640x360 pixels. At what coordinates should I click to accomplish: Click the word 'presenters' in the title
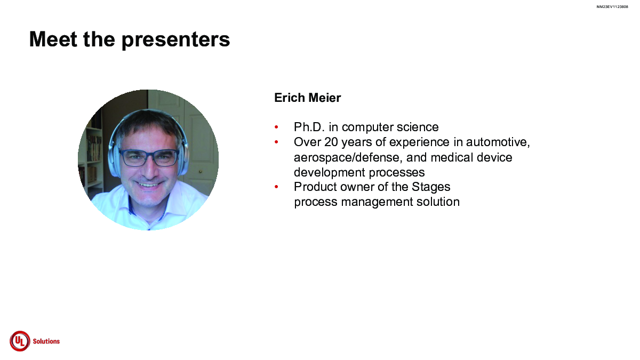pos(175,40)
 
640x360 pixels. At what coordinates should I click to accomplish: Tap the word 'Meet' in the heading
pos(53,39)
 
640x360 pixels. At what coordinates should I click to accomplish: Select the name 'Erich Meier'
pos(307,98)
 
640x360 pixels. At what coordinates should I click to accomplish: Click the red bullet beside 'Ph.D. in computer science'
pos(276,127)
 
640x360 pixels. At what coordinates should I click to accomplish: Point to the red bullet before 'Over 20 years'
pos(276,142)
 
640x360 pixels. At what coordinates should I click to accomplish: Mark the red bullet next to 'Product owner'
pos(276,187)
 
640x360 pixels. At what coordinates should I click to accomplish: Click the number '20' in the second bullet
pos(331,142)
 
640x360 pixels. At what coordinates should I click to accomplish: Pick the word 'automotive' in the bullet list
pos(498,142)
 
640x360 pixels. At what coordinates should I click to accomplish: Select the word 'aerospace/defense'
pos(348,157)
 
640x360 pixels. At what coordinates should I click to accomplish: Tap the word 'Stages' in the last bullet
pos(431,187)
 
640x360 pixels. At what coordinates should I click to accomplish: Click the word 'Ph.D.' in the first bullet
pos(309,127)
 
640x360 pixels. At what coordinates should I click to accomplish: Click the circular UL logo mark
pos(20,341)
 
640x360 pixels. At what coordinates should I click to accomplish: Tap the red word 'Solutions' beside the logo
pos(46,341)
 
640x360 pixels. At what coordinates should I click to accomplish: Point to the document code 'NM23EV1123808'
pos(612,7)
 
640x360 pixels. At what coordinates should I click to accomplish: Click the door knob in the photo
pos(201,172)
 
